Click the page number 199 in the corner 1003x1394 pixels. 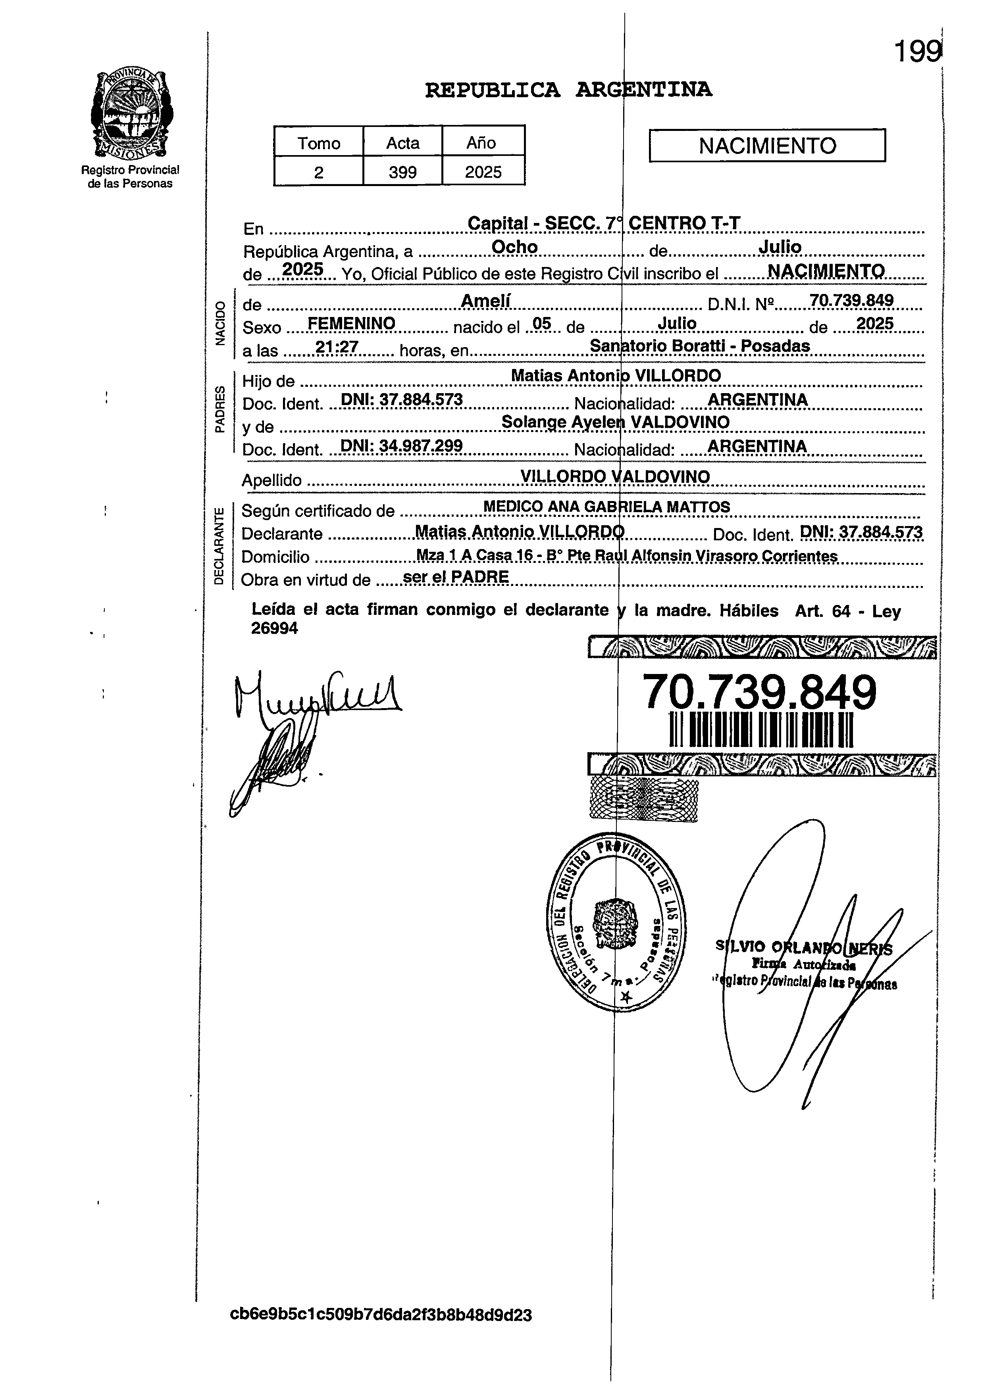coord(916,52)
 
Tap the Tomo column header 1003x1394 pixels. coord(319,143)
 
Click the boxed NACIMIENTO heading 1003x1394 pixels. coord(767,146)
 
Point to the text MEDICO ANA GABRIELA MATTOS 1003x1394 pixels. coord(606,507)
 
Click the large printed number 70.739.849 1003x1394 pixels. coord(759,692)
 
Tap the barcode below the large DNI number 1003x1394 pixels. coord(761,730)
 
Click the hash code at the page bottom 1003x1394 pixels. coord(381,1315)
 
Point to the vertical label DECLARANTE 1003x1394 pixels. coord(218,546)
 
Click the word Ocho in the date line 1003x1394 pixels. coord(515,247)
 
